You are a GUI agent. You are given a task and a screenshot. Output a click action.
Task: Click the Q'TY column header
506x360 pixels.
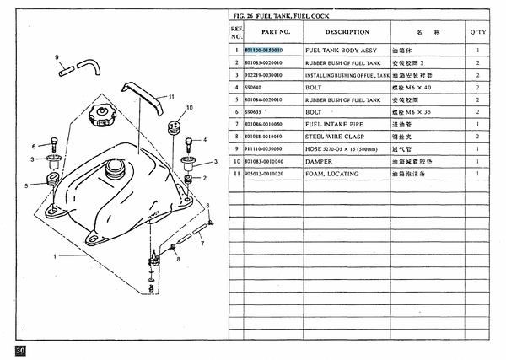coord(477,32)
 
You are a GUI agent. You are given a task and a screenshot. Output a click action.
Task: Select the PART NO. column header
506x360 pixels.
coord(275,32)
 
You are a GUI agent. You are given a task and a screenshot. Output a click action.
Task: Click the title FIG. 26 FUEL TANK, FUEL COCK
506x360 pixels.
coord(281,16)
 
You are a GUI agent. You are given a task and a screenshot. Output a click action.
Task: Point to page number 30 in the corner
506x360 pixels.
coord(19,348)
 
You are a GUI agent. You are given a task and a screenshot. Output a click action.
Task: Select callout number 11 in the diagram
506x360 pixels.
coord(170,97)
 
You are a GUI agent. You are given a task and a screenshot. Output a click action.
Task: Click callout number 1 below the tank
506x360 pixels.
coord(55,255)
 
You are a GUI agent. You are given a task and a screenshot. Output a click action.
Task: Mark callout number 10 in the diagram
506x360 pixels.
coord(189,108)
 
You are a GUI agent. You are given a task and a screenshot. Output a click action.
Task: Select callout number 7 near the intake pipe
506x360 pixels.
coord(202,244)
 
